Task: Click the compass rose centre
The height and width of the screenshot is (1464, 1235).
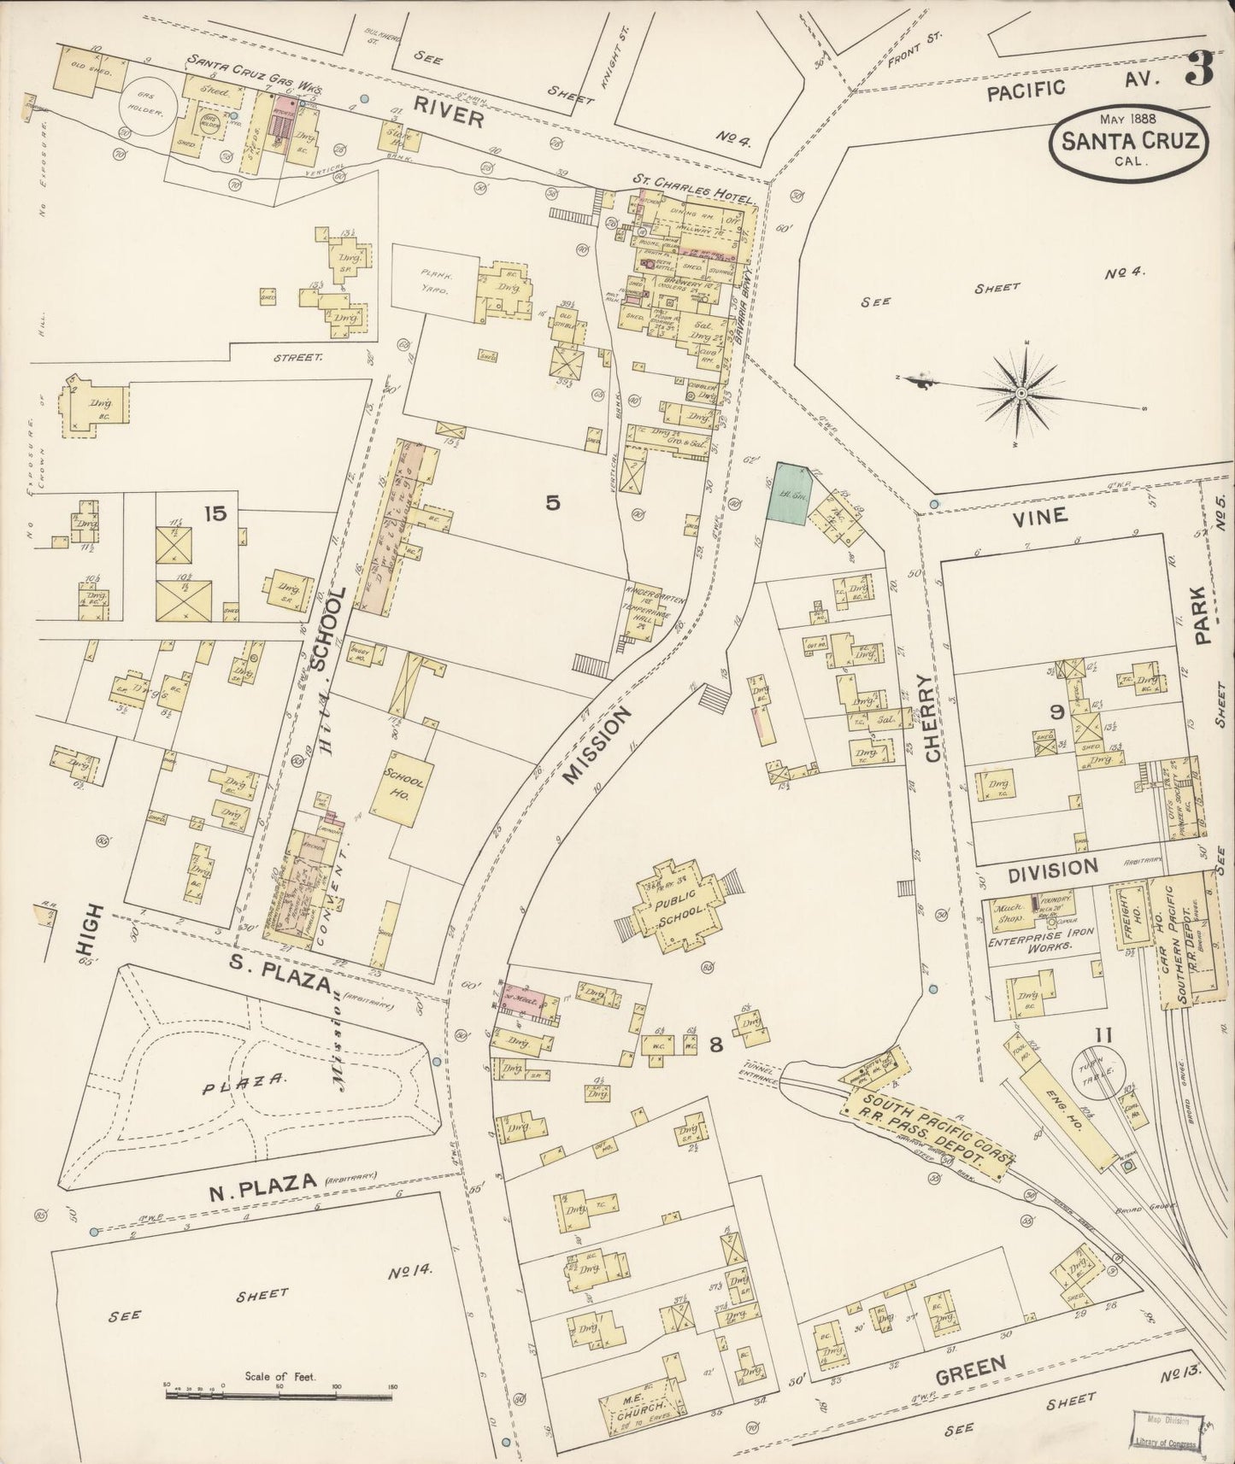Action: point(1021,393)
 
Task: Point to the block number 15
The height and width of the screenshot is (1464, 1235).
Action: point(215,512)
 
